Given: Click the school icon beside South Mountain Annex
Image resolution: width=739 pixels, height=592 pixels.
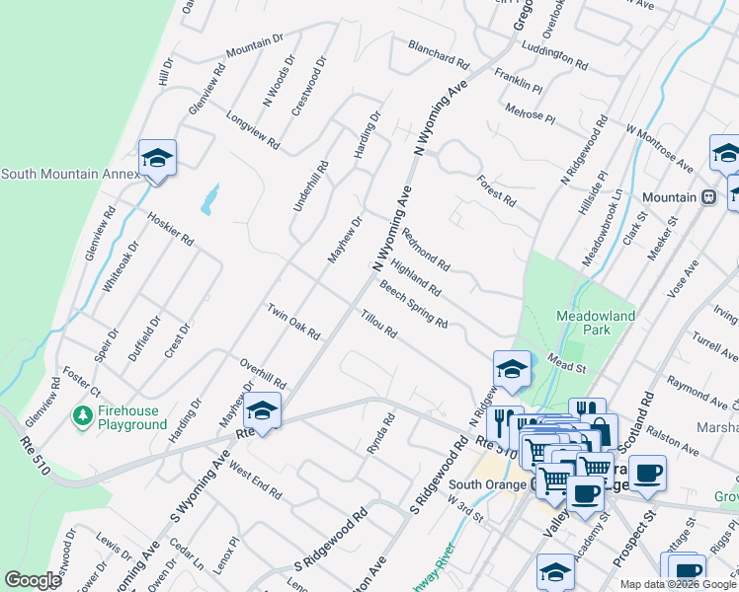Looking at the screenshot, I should point(157,158).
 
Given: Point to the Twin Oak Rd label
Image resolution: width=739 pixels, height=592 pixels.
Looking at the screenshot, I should point(293,322).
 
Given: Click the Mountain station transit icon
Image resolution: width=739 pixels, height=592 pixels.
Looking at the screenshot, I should point(708,197).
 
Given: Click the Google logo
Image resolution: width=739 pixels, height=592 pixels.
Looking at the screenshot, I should point(33,580).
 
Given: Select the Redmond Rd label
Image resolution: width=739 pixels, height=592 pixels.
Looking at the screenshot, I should point(426,251).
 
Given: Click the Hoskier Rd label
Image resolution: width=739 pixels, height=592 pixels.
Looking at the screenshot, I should point(170,227).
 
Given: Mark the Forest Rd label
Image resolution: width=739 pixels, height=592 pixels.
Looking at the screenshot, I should point(496,191).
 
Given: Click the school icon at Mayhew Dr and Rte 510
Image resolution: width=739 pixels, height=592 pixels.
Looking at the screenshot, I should point(263,408).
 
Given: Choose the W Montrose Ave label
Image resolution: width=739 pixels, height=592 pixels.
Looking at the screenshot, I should point(658,147).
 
